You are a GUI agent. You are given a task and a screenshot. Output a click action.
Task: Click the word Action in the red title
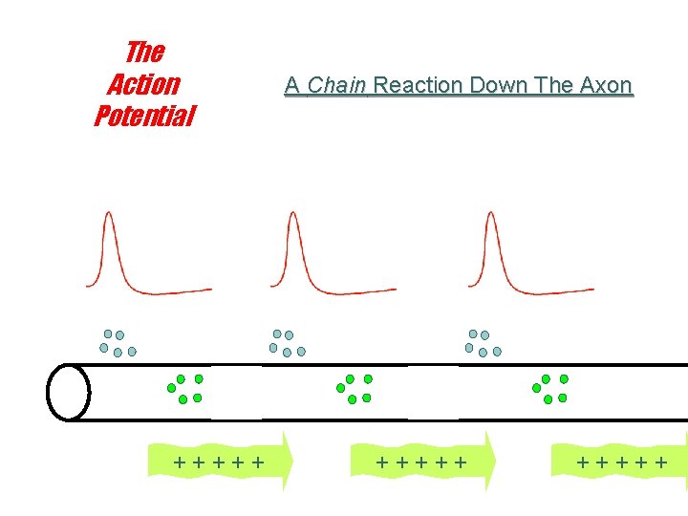143,84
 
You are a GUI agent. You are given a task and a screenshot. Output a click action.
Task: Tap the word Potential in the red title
144,117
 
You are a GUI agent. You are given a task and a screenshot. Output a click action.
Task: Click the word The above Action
145,52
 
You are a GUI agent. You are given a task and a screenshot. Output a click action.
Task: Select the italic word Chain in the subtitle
337,86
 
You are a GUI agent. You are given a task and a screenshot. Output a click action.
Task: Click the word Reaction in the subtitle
419,86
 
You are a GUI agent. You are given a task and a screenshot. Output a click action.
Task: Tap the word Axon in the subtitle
604,86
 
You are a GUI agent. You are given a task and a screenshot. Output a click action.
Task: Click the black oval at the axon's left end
69,392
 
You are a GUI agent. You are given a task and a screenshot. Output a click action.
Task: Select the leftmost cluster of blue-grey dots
118,343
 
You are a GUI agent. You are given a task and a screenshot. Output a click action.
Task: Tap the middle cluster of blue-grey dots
287,343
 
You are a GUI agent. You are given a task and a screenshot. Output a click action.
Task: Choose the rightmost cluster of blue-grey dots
483,343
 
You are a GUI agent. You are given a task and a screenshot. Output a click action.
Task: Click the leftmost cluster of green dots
186,388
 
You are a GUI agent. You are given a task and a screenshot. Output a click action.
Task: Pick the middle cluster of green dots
355,388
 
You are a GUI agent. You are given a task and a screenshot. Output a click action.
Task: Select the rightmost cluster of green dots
550,388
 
